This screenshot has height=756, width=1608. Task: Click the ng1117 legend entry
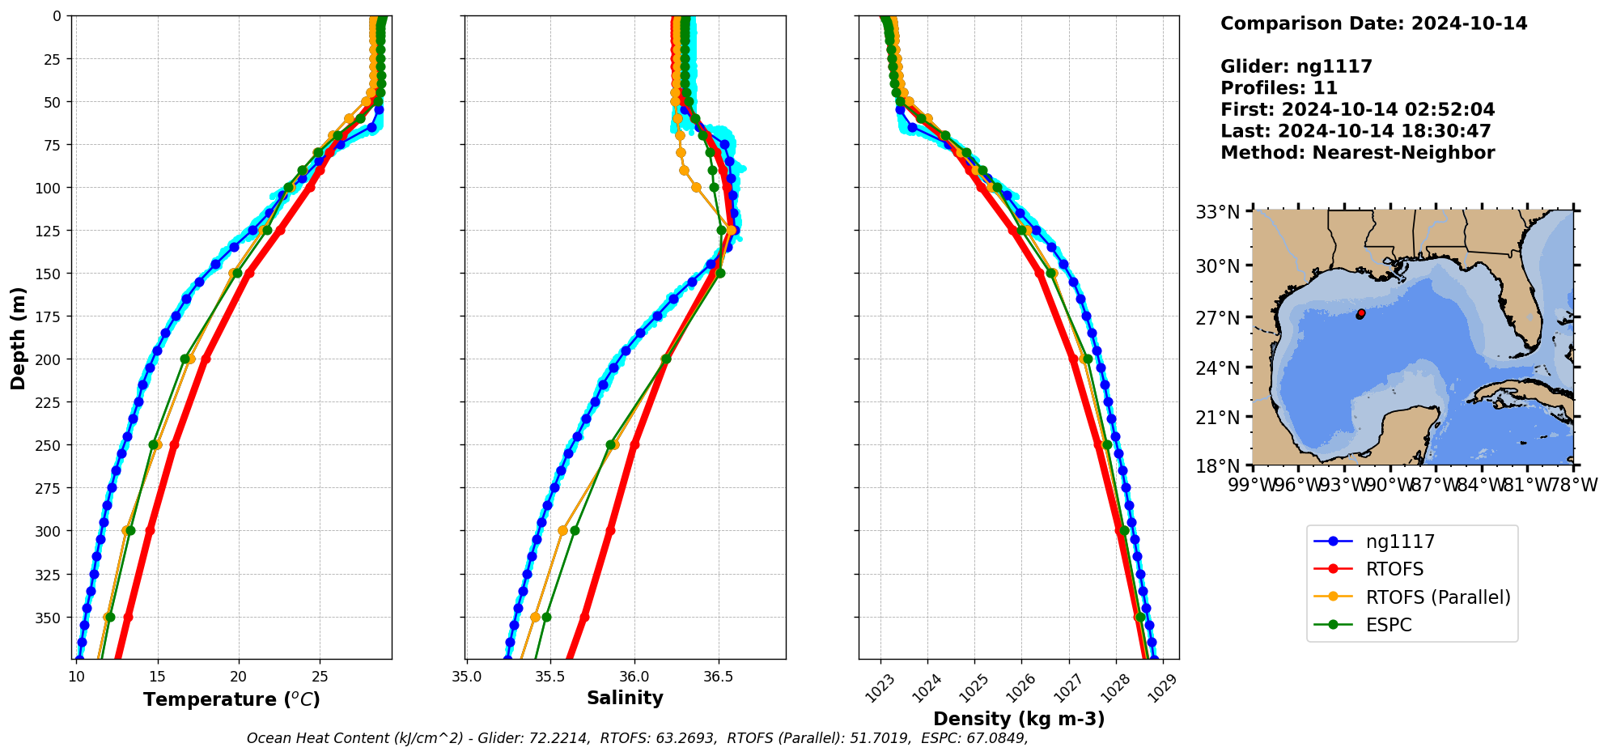click(x=1400, y=542)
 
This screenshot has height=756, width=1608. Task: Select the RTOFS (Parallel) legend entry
click(x=1437, y=597)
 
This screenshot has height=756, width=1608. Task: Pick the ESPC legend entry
click(x=1389, y=625)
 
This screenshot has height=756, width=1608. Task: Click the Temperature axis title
click(x=231, y=699)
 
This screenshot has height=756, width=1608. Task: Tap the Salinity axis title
click(x=625, y=698)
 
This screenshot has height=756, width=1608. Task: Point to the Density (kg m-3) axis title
click(x=1019, y=719)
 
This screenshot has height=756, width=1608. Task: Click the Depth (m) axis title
click(x=18, y=338)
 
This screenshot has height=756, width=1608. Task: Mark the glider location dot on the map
click(x=1360, y=314)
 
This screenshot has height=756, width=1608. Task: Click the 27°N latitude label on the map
click(x=1218, y=317)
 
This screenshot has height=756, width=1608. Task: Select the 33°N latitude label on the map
click(x=1218, y=212)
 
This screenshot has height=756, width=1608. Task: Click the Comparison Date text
click(x=1373, y=23)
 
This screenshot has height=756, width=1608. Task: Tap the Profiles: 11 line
click(x=1279, y=88)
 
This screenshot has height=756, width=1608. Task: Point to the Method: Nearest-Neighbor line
click(x=1357, y=153)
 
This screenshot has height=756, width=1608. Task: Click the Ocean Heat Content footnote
click(x=637, y=738)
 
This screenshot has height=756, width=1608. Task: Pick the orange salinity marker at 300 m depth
click(x=562, y=531)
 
